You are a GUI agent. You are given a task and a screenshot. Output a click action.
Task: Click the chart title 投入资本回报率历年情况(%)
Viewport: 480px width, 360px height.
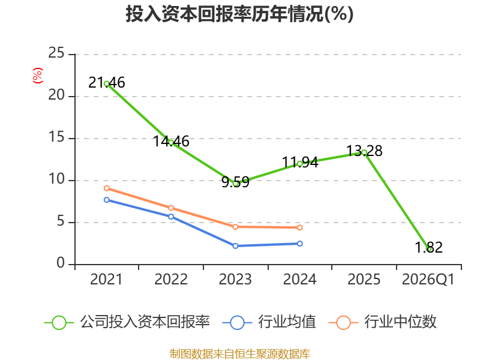(239, 14)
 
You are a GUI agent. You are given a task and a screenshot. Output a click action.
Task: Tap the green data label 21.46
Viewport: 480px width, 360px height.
(107, 83)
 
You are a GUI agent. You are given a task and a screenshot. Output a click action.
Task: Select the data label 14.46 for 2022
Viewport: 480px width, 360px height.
(171, 142)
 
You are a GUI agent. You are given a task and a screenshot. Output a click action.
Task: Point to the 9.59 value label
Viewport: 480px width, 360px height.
(235, 182)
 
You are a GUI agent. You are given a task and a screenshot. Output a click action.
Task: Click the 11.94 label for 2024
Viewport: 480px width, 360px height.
(300, 162)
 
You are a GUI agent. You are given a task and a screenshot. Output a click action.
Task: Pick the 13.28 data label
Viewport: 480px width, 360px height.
(364, 151)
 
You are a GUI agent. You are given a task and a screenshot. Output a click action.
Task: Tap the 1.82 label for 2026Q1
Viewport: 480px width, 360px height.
(428, 247)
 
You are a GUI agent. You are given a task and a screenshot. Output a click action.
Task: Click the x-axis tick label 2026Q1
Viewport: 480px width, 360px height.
(428, 280)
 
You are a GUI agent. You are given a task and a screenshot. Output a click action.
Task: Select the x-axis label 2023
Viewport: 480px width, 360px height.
(235, 280)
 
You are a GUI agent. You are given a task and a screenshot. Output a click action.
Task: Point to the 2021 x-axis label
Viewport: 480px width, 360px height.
(106, 280)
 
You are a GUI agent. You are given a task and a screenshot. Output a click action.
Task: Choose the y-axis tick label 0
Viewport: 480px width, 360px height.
(61, 264)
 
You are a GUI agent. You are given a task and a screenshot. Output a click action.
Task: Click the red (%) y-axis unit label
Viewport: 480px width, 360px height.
(38, 76)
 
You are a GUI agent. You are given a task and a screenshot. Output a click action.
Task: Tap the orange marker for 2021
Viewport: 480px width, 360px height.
(107, 188)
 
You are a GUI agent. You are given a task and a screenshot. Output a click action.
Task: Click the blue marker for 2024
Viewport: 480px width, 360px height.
(300, 244)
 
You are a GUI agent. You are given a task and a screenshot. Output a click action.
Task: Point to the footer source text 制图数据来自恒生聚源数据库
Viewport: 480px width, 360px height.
(240, 353)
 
